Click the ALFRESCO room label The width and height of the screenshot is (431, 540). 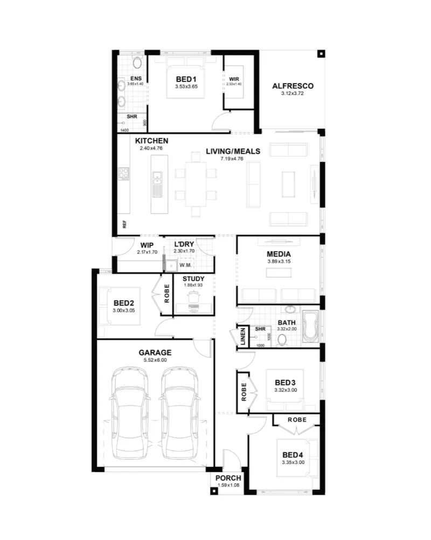point(293,86)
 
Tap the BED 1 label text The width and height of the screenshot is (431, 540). point(186,79)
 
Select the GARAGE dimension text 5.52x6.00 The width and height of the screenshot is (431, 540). point(155,360)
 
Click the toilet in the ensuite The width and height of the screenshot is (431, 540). point(137,62)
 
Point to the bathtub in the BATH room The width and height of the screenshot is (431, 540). point(311,327)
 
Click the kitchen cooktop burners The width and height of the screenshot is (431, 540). point(123,174)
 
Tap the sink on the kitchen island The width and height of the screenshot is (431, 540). point(157,180)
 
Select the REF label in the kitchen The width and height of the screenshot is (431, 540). point(124,224)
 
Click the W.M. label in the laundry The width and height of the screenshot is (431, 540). point(185,265)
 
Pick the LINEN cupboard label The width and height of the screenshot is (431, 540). point(243,336)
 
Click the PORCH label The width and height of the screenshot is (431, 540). point(228,478)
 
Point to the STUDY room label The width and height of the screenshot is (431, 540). point(193,279)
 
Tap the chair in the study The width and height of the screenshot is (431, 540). point(193,296)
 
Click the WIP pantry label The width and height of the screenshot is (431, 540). point(147,245)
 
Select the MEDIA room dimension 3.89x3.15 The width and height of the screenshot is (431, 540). point(279,262)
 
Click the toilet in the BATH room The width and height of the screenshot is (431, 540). point(282,340)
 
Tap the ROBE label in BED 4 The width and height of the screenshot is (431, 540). point(297,420)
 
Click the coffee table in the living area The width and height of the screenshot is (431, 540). point(288,184)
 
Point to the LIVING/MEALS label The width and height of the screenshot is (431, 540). point(233,151)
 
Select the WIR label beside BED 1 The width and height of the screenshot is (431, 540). point(234,79)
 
